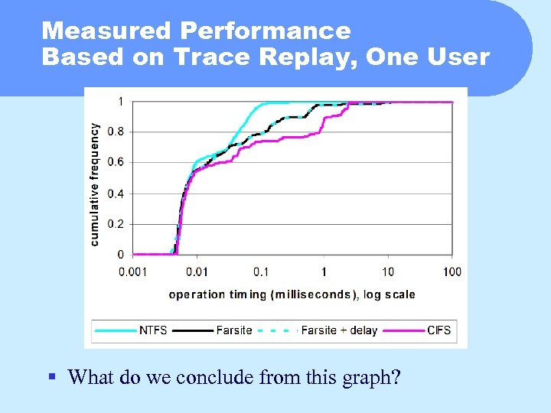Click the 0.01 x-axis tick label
[197, 272]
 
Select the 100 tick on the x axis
[452, 272]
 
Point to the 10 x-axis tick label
[388, 272]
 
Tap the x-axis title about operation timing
[292, 294]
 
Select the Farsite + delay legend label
[339, 330]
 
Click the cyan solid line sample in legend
[116, 330]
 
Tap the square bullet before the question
[51, 376]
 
